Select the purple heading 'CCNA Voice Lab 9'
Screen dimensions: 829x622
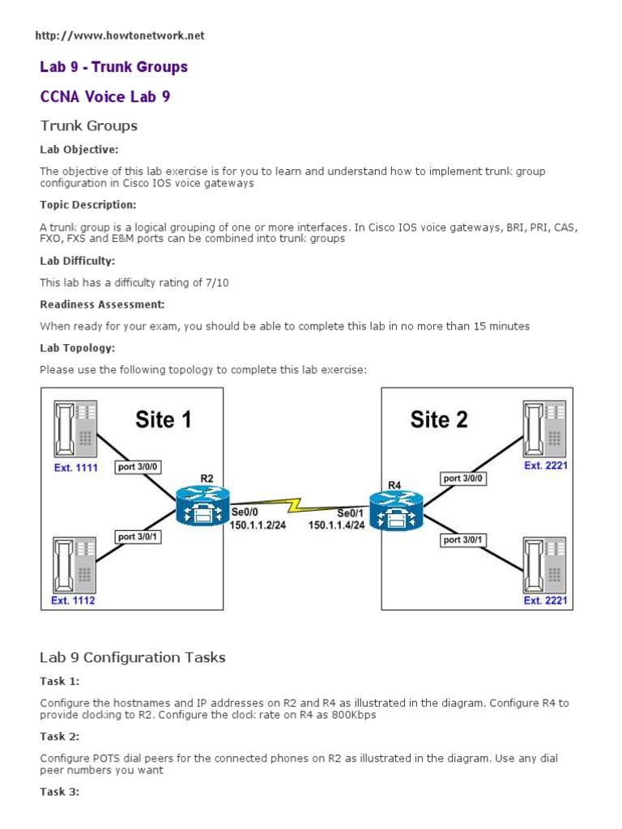(x=105, y=96)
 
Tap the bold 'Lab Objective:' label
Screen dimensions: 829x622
(x=79, y=150)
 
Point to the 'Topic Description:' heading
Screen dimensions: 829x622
(x=88, y=205)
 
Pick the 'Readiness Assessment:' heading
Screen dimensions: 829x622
(x=103, y=304)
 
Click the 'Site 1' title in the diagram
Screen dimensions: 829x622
(x=164, y=419)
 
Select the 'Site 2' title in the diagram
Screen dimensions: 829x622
(x=439, y=419)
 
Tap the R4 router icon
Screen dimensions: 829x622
(x=396, y=511)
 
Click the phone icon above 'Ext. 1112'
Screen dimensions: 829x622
(x=75, y=564)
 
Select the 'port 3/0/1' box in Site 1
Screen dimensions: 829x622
(x=139, y=537)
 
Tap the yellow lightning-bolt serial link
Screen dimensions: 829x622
(x=299, y=506)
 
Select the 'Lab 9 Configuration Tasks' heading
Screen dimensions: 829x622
(x=133, y=657)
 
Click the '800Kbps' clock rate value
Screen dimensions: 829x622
(x=352, y=716)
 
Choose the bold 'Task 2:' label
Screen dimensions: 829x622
(x=59, y=737)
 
